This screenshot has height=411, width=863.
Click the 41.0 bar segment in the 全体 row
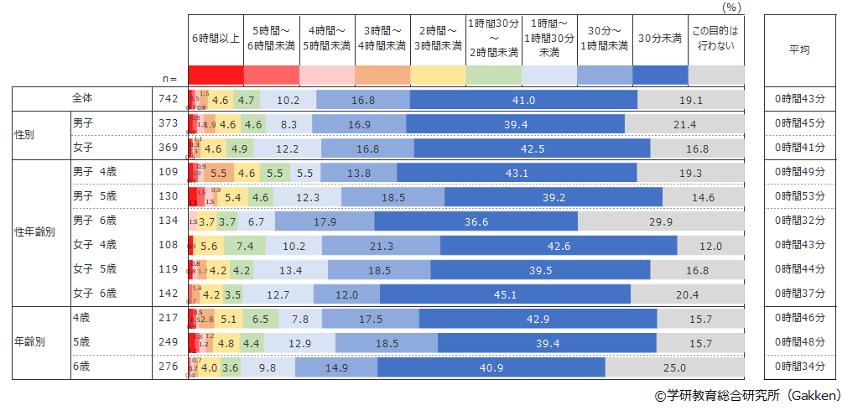[524, 100]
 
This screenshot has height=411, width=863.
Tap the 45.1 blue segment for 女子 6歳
[505, 294]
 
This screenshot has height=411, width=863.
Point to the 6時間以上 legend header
[215, 39]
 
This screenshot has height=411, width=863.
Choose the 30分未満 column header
[659, 39]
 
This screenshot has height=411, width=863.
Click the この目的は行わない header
[715, 39]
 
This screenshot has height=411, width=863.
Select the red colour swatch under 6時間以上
[215, 75]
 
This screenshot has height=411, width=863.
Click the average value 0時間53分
[800, 197]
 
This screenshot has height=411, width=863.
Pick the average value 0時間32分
[800, 221]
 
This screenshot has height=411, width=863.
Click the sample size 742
[169, 99]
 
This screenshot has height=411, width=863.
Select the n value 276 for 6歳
[169, 367]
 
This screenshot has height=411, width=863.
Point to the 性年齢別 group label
[34, 232]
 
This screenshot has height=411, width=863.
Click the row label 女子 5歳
[94, 269]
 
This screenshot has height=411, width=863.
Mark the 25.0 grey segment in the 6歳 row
[674, 367]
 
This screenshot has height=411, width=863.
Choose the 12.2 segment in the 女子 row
[287, 148]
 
